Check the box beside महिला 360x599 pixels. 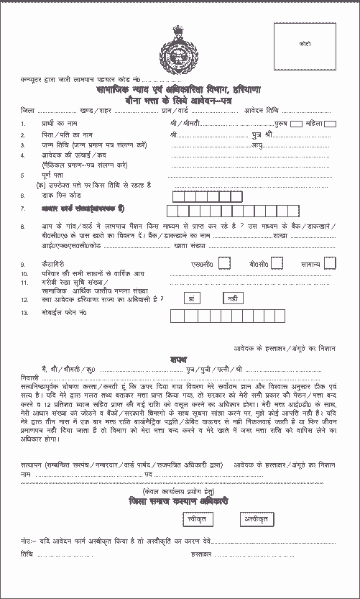point(330,124)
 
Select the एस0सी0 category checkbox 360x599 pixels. point(224,262)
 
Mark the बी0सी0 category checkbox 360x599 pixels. point(275,262)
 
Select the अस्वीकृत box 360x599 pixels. point(254,518)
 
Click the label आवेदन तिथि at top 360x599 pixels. point(282,111)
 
